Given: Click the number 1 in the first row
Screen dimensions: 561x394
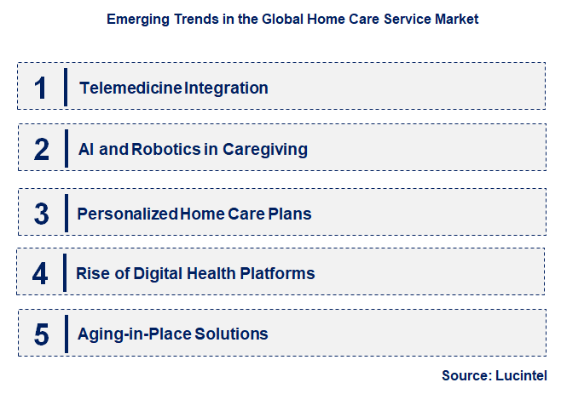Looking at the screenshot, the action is [40, 88].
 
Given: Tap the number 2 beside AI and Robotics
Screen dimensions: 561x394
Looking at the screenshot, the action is [42, 149].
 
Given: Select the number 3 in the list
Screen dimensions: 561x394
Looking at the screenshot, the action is [42, 214].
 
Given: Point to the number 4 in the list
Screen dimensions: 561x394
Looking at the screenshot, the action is [40, 274].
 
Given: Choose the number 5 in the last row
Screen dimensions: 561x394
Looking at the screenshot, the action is [42, 334].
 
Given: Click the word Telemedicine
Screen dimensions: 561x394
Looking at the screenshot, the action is [131, 88].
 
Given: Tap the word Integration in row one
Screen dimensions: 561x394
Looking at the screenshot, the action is [226, 89].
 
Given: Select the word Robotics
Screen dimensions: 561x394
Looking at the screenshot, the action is [166, 149].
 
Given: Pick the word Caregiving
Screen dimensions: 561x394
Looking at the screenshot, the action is [265, 150].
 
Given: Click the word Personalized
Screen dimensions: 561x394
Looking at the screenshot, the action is [127, 214].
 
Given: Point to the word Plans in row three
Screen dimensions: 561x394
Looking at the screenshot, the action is [290, 214].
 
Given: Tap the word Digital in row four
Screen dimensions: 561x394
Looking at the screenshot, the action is [158, 274].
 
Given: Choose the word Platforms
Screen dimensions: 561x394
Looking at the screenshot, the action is [278, 274].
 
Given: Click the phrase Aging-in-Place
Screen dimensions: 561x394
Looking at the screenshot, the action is [135, 334].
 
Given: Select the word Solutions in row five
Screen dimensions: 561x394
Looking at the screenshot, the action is [231, 334].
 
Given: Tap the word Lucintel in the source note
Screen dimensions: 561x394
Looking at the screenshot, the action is [521, 375].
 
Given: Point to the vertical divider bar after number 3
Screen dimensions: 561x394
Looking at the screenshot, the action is [67, 214].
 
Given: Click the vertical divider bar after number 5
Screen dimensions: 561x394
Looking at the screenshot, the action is [67, 334].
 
